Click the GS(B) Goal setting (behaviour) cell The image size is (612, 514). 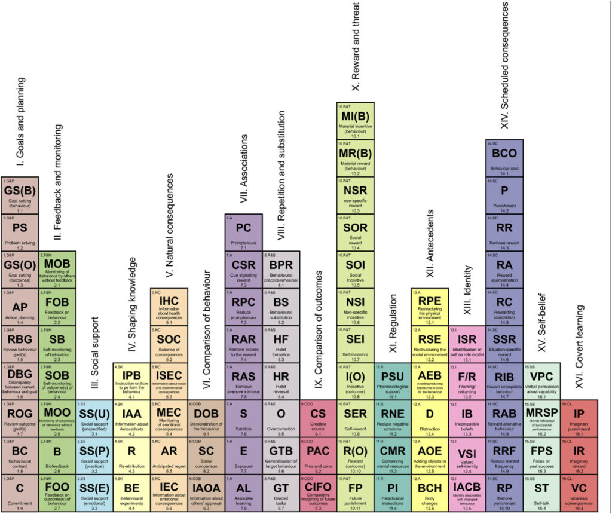[20, 195]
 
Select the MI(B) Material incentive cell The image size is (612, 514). [356, 120]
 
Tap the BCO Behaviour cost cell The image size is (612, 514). [504, 158]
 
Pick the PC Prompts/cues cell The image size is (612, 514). [243, 232]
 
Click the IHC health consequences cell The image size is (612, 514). [169, 307]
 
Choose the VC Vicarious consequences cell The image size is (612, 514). [579, 494]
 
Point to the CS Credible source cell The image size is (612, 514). [318, 419]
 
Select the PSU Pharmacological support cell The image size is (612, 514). [393, 381]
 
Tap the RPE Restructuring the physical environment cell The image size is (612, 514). [430, 307]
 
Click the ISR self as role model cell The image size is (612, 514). [467, 344]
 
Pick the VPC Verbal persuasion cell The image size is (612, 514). [541, 381]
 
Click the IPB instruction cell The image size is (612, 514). [131, 381]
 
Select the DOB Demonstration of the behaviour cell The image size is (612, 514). [206, 419]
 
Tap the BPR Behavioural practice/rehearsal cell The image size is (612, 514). [281, 270]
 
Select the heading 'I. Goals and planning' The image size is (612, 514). [21, 123]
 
